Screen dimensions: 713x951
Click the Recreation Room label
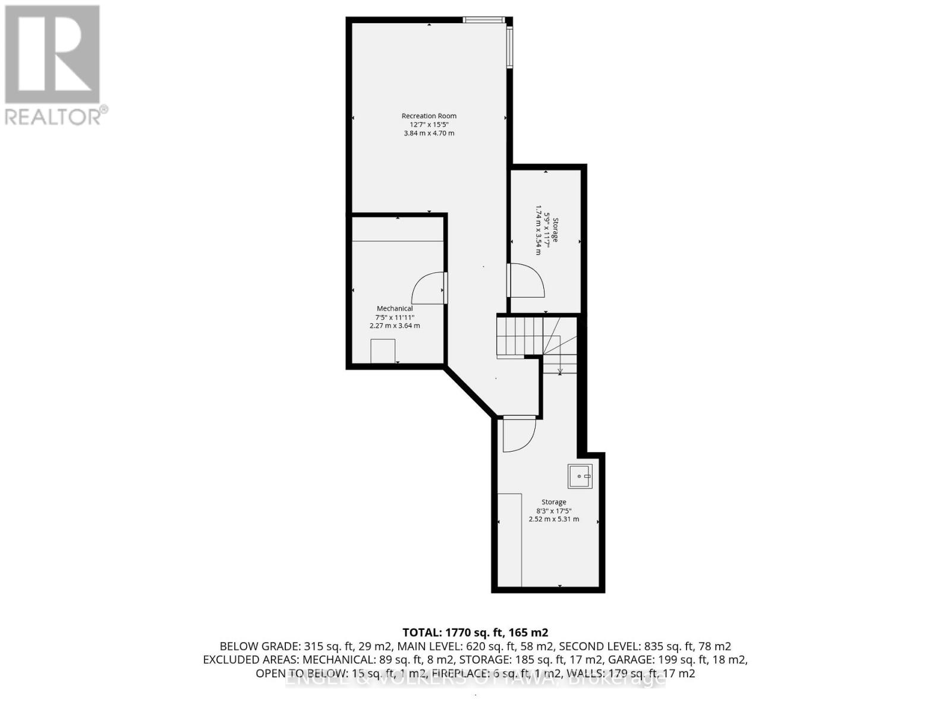(429, 116)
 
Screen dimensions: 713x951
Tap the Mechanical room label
(395, 308)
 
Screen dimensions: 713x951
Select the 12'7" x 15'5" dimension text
(429, 125)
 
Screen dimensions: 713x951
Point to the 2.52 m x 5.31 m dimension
(553, 519)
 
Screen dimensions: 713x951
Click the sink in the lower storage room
(580, 477)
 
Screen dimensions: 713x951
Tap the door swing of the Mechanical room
(429, 289)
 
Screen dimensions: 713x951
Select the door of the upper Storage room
(527, 282)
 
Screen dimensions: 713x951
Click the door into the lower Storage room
(518, 435)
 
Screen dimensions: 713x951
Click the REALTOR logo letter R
(52, 55)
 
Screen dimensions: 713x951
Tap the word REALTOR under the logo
(53, 116)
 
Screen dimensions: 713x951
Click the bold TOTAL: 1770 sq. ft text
(475, 632)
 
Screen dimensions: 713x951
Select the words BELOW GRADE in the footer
(259, 646)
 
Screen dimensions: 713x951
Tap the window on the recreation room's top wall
(484, 20)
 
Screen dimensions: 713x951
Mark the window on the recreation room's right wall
(509, 48)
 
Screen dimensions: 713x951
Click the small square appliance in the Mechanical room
(383, 351)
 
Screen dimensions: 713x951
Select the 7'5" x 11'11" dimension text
(395, 317)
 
